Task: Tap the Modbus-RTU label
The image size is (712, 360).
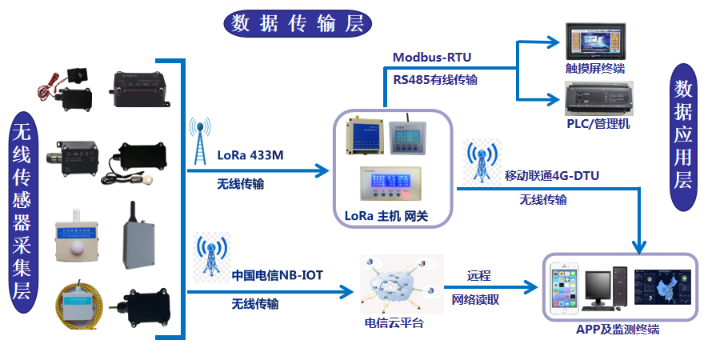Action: click(x=432, y=58)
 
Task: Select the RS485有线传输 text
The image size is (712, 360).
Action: click(x=435, y=79)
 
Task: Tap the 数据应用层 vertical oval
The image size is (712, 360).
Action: click(x=682, y=138)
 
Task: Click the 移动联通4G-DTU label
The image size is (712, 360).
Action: click(x=551, y=175)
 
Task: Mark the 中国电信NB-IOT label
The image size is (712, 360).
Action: click(x=277, y=274)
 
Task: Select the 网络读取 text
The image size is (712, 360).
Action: click(x=475, y=299)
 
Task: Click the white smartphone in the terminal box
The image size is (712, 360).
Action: click(x=566, y=288)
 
